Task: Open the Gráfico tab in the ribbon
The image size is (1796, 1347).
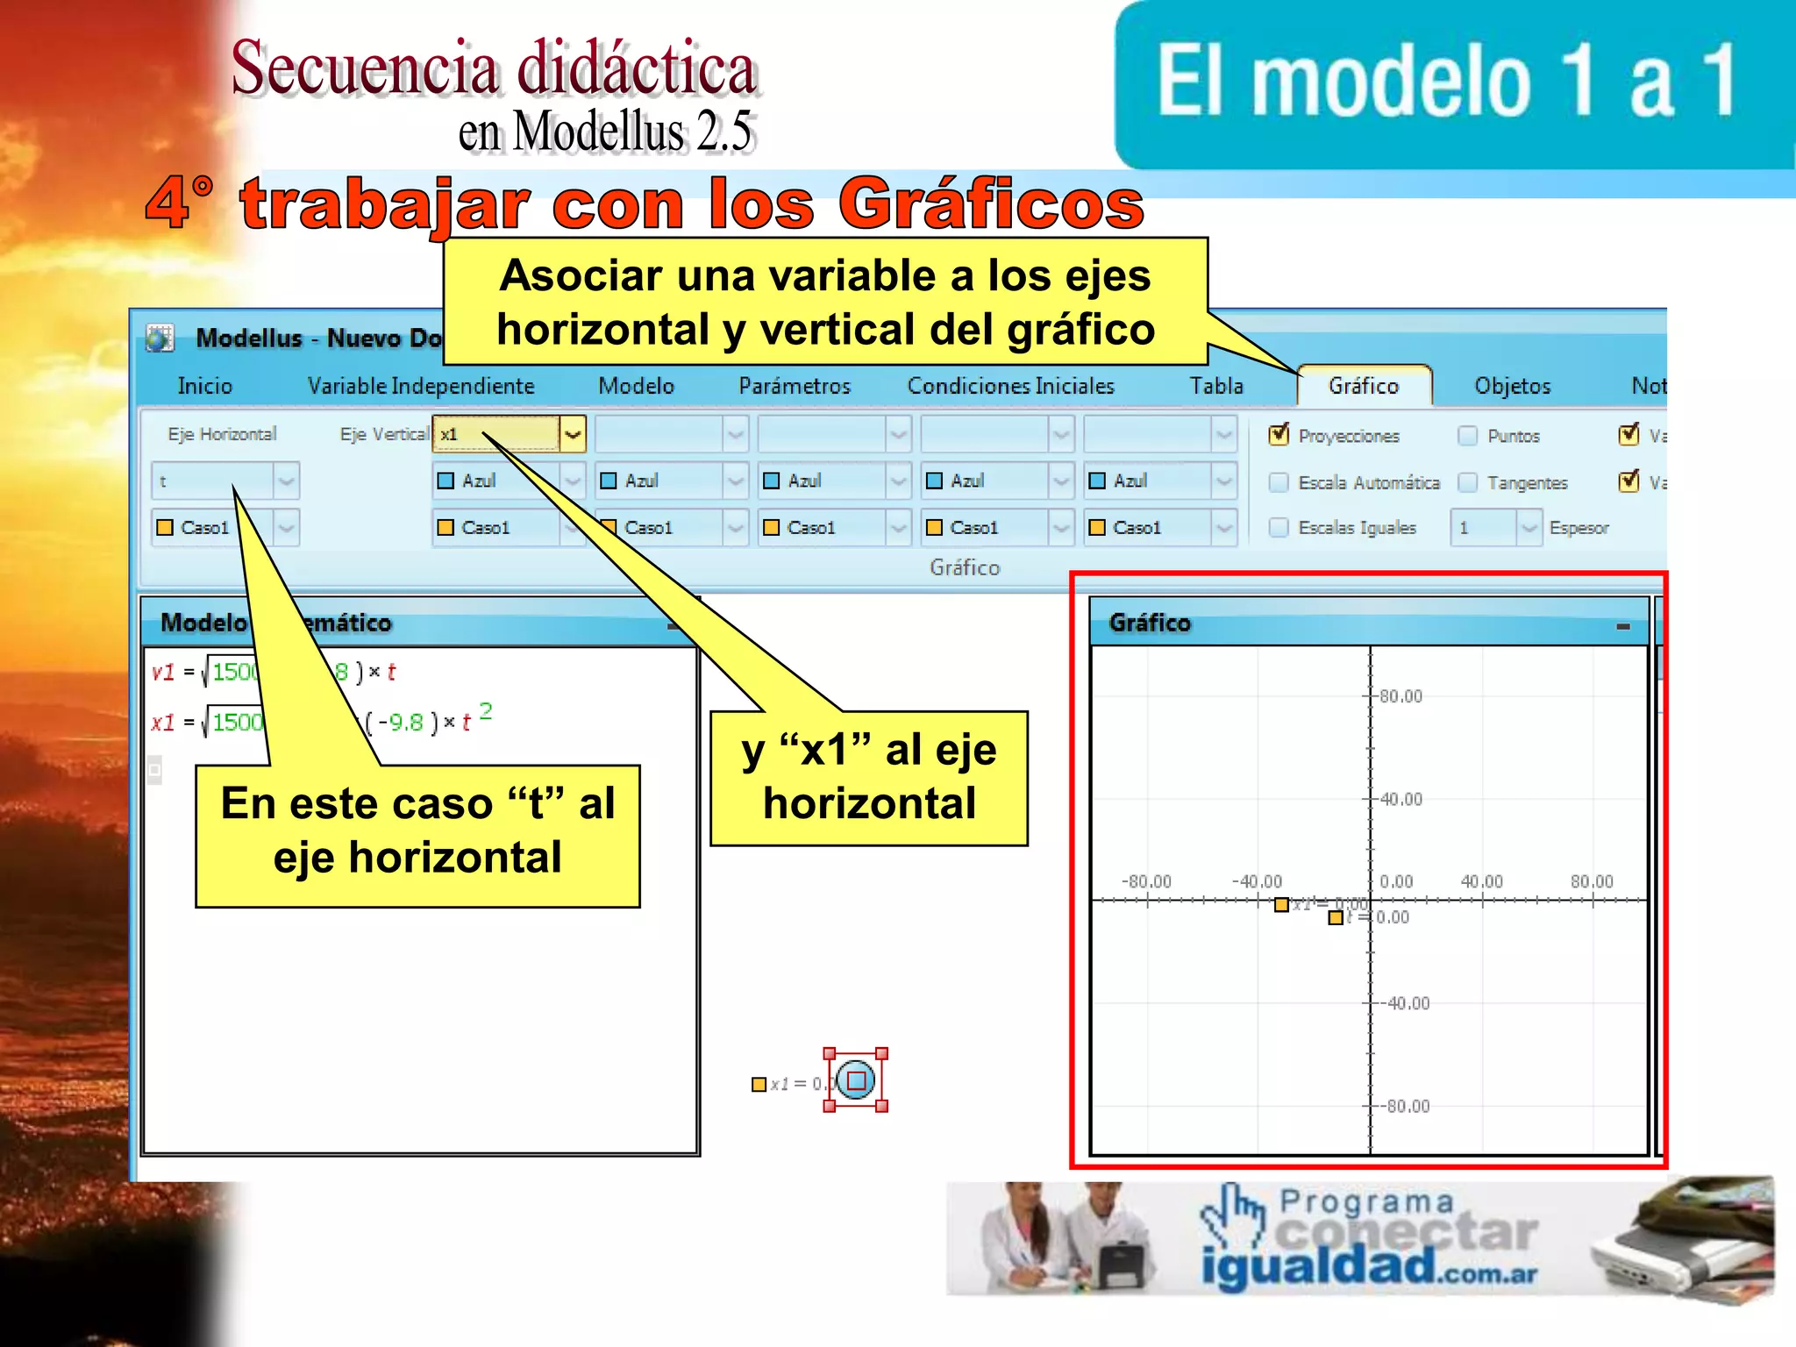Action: click(x=1363, y=386)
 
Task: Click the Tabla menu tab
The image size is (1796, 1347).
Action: click(x=1216, y=386)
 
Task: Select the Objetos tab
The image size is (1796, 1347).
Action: click(x=1512, y=386)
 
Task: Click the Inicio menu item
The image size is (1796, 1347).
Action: click(x=204, y=386)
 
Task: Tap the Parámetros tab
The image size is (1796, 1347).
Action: click(x=794, y=386)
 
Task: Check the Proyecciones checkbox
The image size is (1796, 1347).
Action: click(x=1279, y=435)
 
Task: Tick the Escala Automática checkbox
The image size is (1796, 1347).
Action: click(x=1279, y=482)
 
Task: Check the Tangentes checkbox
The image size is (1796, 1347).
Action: click(x=1468, y=482)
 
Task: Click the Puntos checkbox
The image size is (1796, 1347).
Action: click(x=1468, y=435)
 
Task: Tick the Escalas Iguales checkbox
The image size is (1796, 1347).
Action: click(x=1279, y=528)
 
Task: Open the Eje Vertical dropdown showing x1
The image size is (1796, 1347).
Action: click(x=573, y=434)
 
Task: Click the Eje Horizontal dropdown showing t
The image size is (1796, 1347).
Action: click(x=286, y=481)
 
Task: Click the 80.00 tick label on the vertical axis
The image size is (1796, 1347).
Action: click(x=1400, y=696)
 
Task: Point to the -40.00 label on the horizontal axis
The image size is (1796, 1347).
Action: click(x=1257, y=881)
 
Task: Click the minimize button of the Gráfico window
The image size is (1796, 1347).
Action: click(x=1623, y=626)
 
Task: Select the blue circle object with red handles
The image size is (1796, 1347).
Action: click(x=856, y=1080)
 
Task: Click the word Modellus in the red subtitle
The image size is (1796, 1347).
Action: click(x=598, y=132)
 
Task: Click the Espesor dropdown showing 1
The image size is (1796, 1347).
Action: click(x=1529, y=528)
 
